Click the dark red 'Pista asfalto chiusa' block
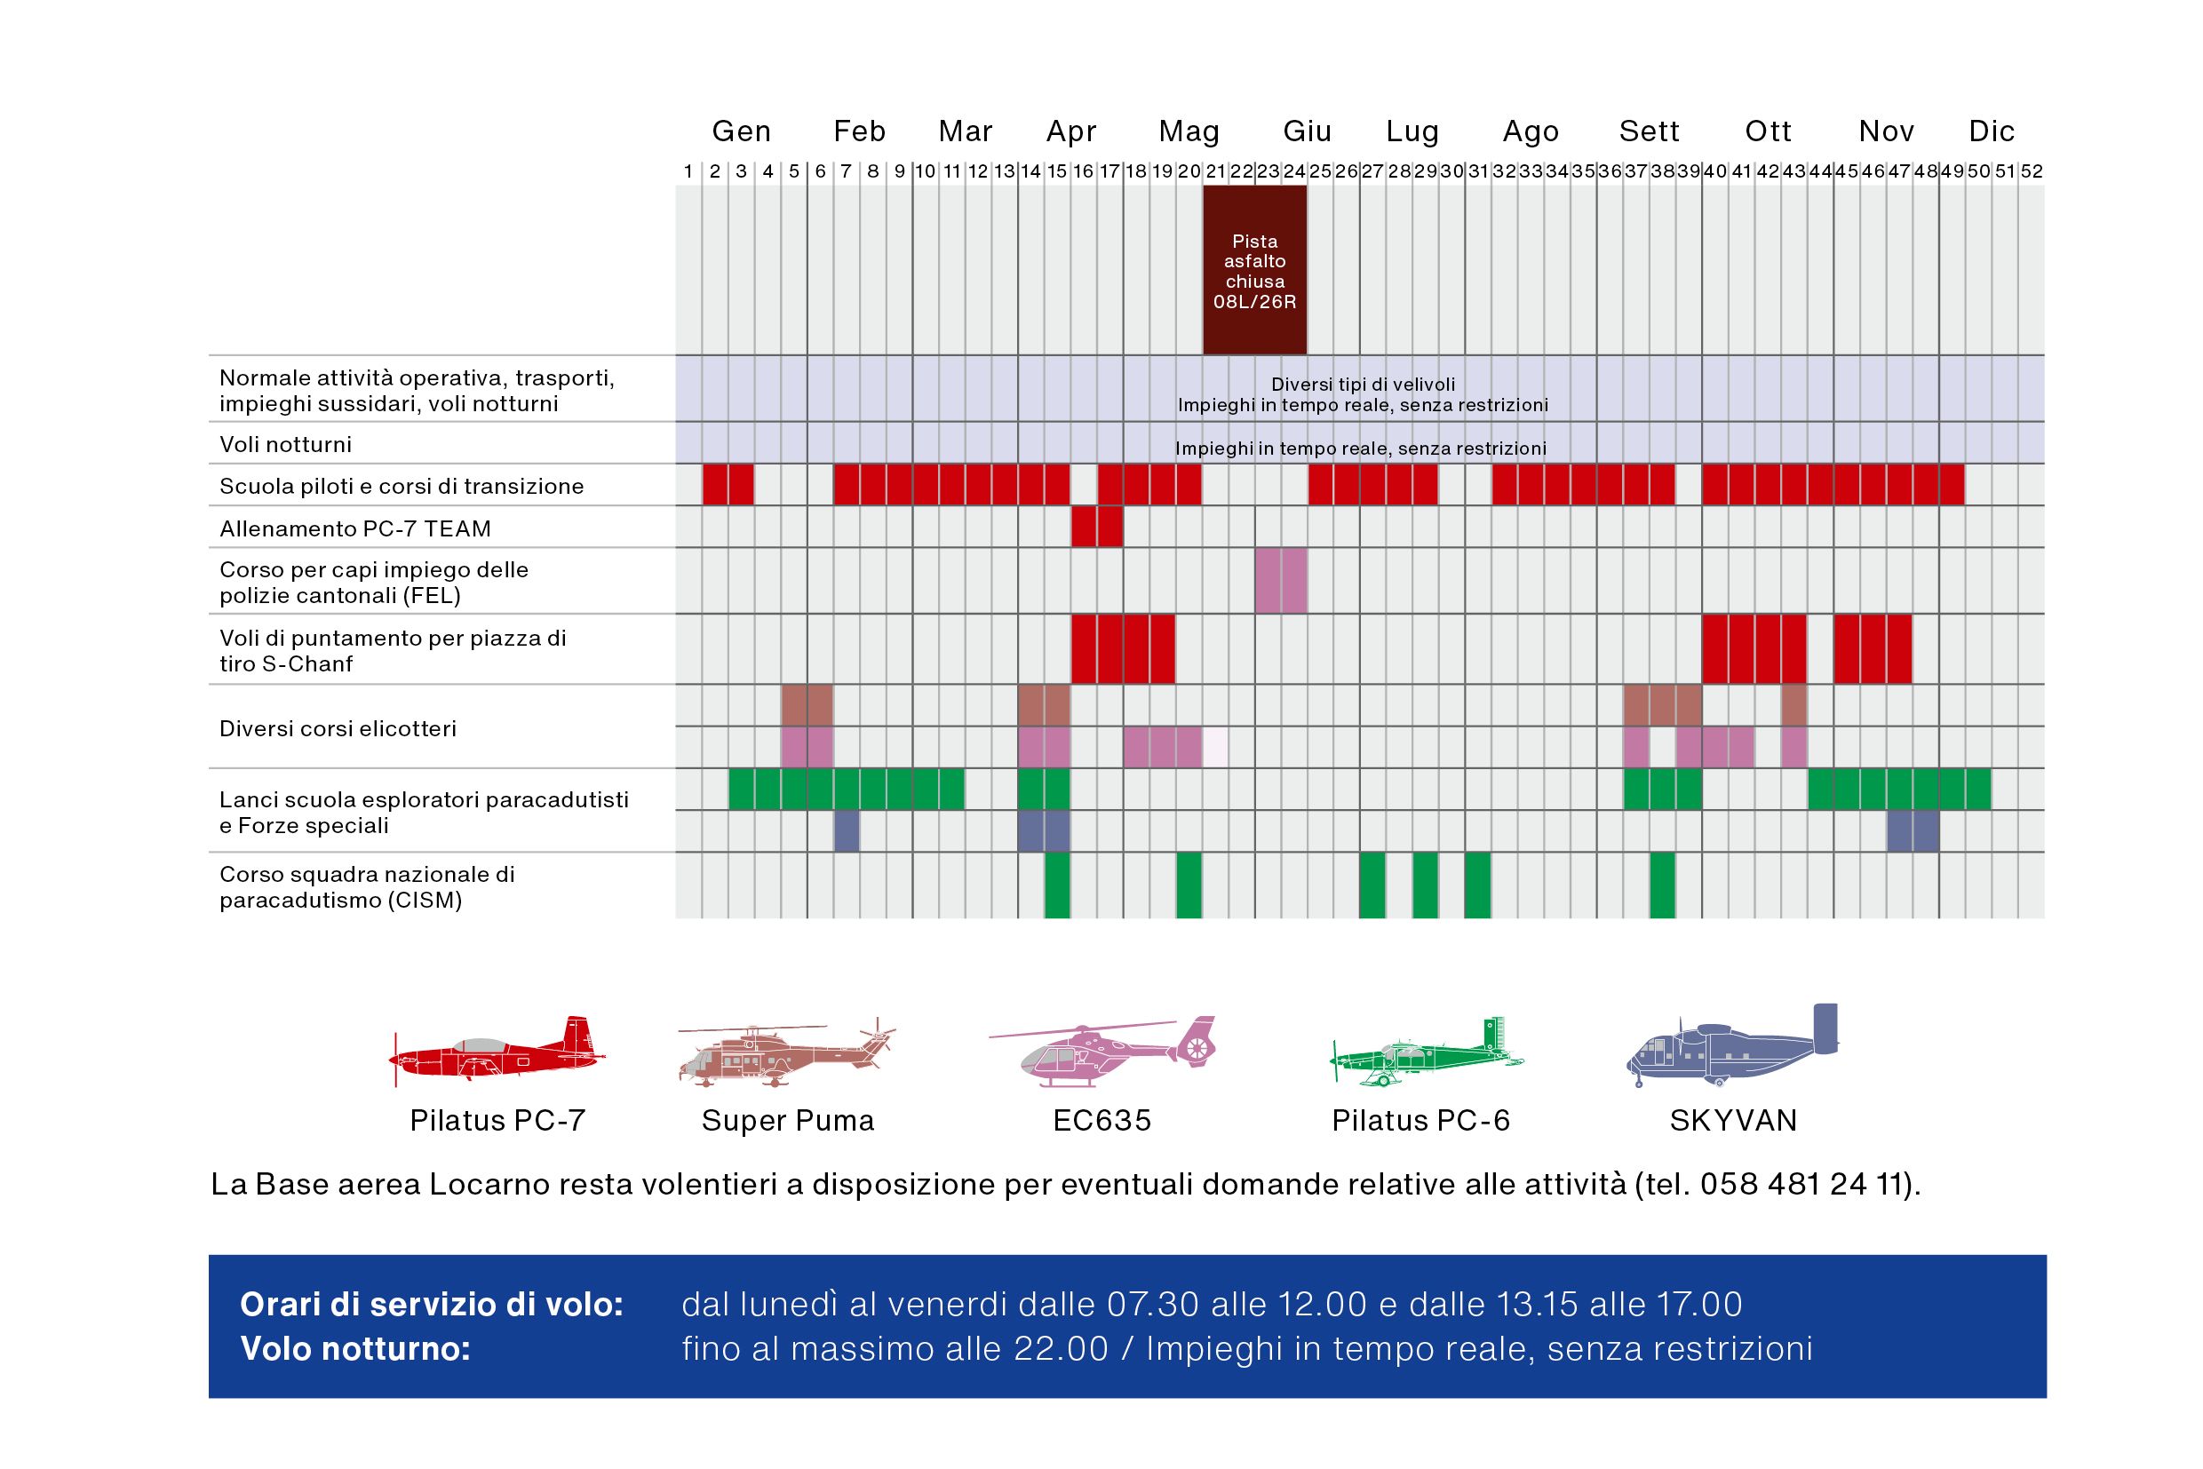[x=1253, y=270]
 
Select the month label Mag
[x=1189, y=131]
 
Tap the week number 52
[x=2031, y=171]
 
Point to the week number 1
[x=688, y=171]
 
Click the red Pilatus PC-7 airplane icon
[x=497, y=1053]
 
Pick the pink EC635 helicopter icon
[x=1104, y=1052]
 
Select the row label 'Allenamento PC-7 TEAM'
[x=355, y=528]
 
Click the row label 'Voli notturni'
[x=286, y=444]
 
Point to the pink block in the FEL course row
[x=1280, y=581]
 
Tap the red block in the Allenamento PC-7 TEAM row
[x=1096, y=527]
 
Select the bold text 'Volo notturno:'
[x=355, y=1349]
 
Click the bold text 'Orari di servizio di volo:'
[x=431, y=1304]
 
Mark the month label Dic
[x=1991, y=131]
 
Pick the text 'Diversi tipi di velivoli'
[x=1363, y=384]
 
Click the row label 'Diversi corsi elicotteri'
[x=338, y=728]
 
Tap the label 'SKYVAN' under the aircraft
[x=1732, y=1121]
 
